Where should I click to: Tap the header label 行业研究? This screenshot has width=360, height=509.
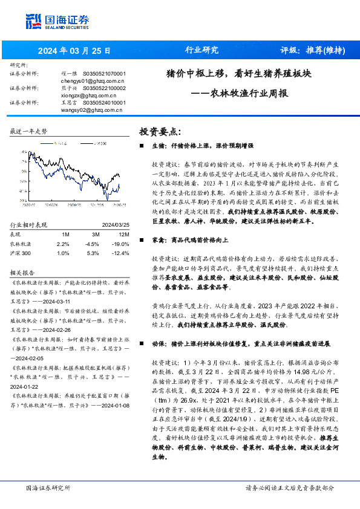coord(201,51)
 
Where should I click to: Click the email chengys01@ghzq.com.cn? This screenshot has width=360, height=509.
coord(92,80)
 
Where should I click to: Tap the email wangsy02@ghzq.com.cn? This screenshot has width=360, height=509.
coord(93,109)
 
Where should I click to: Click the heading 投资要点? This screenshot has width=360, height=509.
coord(160,132)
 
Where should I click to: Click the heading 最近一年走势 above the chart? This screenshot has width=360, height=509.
coord(28,131)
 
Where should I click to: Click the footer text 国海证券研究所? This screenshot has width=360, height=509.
coord(48,487)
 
